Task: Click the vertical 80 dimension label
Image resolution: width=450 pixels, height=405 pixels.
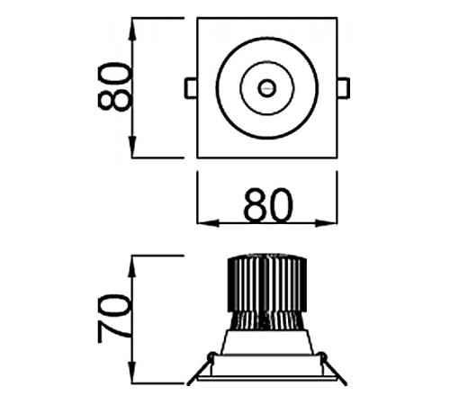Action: point(115,87)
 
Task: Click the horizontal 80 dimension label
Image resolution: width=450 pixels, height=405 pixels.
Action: point(268,205)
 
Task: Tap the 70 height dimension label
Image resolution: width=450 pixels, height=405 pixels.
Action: point(115,319)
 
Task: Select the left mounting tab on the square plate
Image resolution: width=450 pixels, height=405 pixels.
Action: point(191,88)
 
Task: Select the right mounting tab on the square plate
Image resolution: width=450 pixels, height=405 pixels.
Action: point(344,88)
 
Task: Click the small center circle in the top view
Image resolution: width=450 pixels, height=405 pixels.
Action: point(266,88)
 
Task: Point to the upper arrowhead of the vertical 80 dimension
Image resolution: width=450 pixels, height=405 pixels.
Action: point(132,29)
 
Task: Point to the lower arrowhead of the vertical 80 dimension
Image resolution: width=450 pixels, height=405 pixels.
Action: point(132,147)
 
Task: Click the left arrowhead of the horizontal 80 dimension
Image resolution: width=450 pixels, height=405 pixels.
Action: point(208,223)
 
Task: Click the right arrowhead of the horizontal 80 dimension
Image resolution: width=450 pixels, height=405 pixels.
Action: point(326,223)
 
